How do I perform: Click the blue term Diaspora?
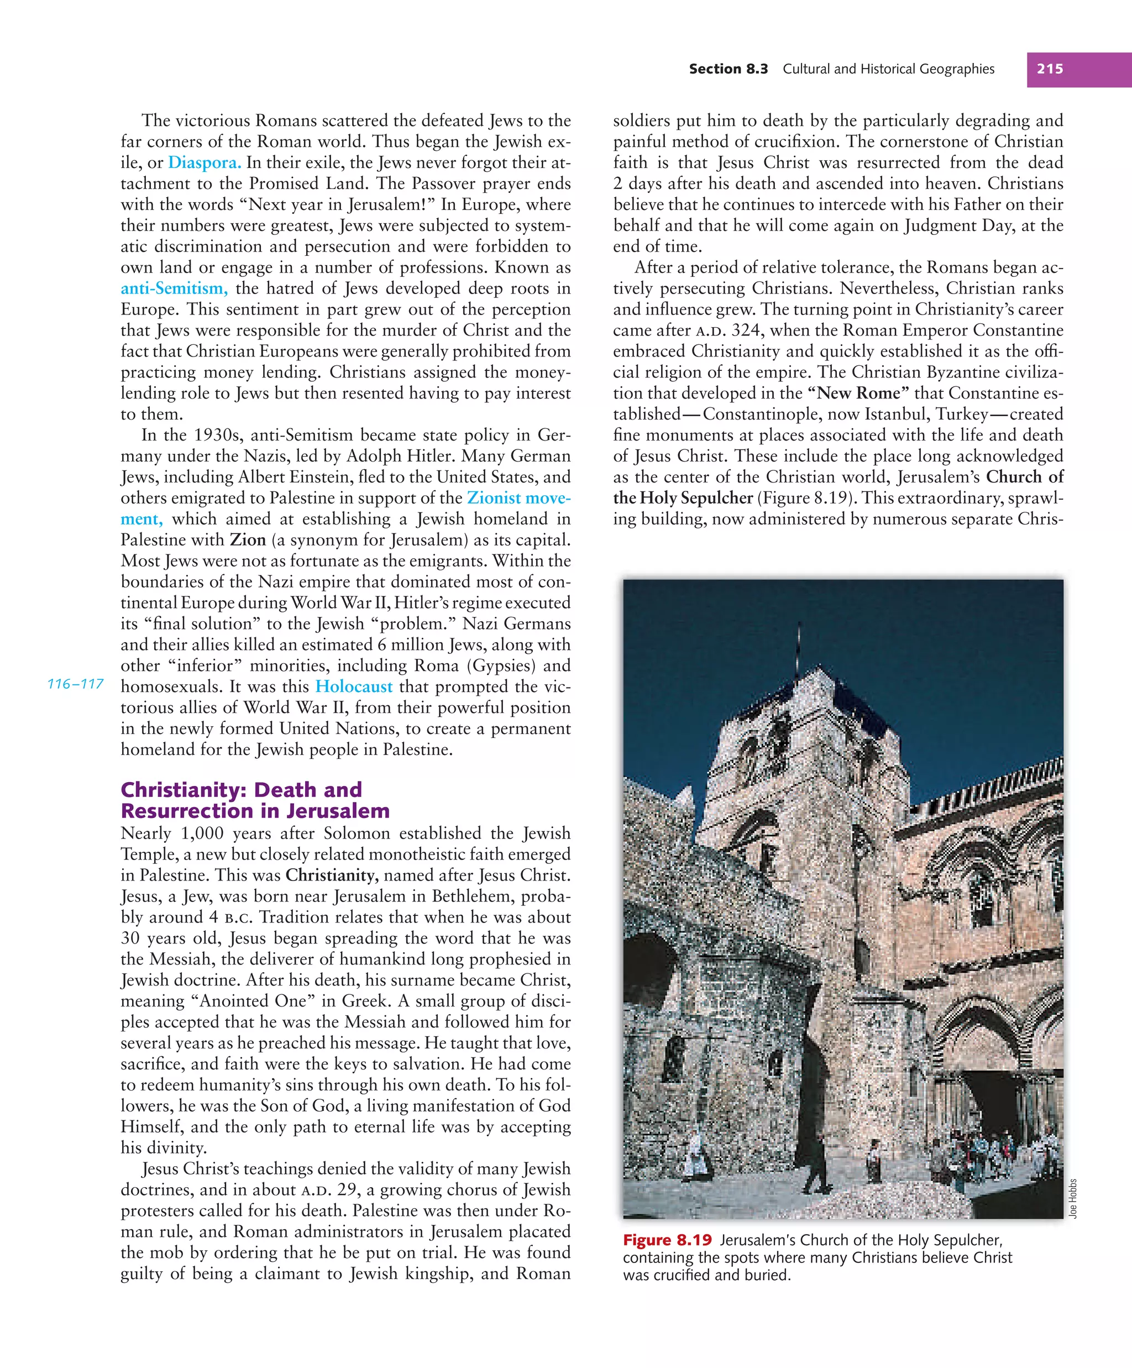(205, 162)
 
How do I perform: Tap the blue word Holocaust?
(354, 686)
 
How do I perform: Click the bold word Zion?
(248, 540)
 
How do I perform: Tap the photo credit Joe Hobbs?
(1073, 1199)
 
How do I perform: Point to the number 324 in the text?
(746, 331)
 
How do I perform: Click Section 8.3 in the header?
(728, 69)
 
